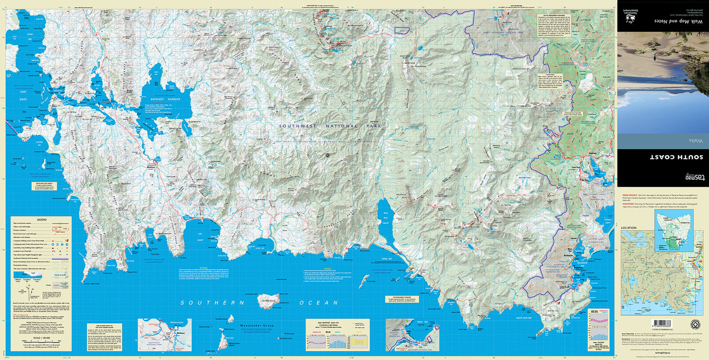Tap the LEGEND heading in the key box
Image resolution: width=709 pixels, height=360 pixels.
(42, 220)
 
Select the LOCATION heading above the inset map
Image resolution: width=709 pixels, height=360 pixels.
(628, 228)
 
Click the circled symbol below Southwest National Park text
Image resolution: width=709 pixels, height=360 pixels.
(327, 154)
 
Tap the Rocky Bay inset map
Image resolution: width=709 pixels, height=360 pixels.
(413, 334)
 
